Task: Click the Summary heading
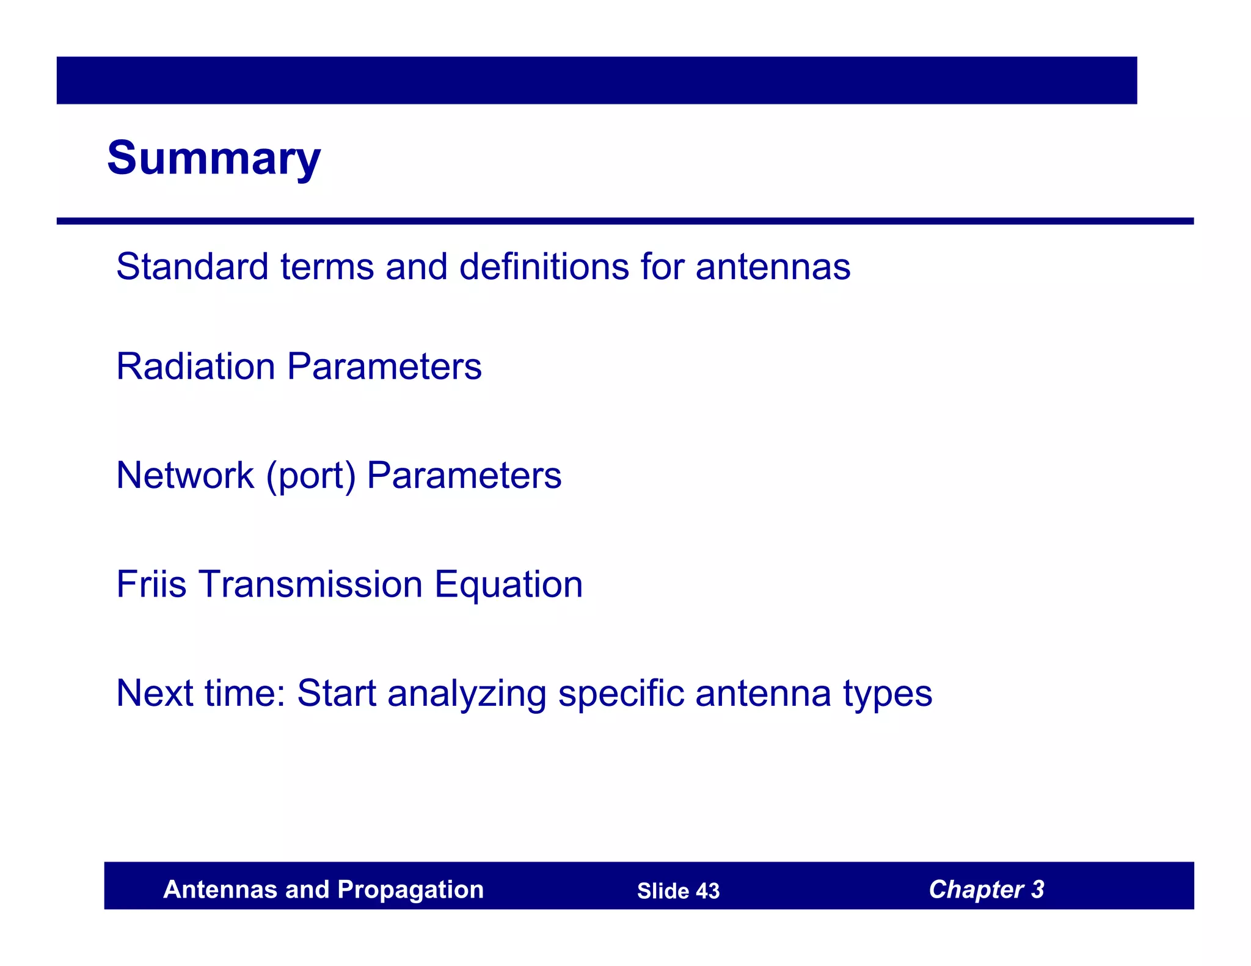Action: point(213,158)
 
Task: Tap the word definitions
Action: point(544,267)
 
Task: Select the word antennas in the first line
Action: point(773,267)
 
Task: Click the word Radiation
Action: point(195,366)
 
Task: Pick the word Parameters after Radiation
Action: point(384,366)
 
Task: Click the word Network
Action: point(184,475)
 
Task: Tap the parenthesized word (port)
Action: point(310,476)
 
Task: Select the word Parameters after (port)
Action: point(464,475)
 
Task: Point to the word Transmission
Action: point(311,584)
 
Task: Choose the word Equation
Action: point(508,585)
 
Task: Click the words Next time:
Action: point(201,693)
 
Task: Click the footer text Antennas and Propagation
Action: point(323,890)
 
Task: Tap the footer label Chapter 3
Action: point(986,890)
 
